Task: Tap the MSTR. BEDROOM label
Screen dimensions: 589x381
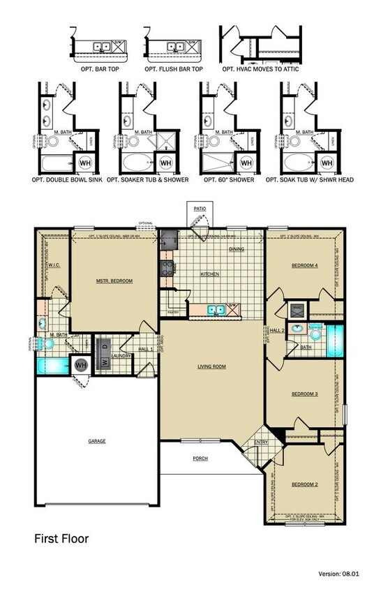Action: [x=114, y=281]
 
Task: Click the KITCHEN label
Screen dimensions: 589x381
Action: [x=210, y=274]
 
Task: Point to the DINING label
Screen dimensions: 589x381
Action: [x=237, y=248]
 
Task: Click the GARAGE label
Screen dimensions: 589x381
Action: [x=97, y=440]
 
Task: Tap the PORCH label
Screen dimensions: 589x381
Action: [x=200, y=458]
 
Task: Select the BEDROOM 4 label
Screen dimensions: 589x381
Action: [x=304, y=265]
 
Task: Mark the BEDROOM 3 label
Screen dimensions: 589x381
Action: [x=304, y=394]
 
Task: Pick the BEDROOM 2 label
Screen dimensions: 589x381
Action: [x=304, y=484]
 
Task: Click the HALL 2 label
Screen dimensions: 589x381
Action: [x=278, y=331]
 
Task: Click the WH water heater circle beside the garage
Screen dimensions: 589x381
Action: [x=80, y=365]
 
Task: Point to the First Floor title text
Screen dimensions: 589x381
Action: [x=61, y=539]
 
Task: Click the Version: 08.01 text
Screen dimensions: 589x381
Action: [x=338, y=574]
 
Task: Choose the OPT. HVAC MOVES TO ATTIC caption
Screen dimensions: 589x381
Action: [x=258, y=70]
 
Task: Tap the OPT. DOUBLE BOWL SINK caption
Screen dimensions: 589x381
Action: [x=67, y=179]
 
